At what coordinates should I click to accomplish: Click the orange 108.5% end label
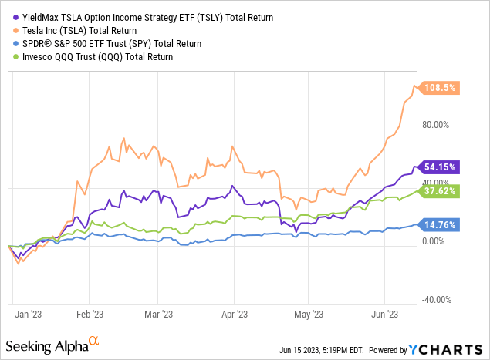(x=441, y=88)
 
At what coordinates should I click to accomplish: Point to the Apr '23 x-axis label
(x=235, y=314)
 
